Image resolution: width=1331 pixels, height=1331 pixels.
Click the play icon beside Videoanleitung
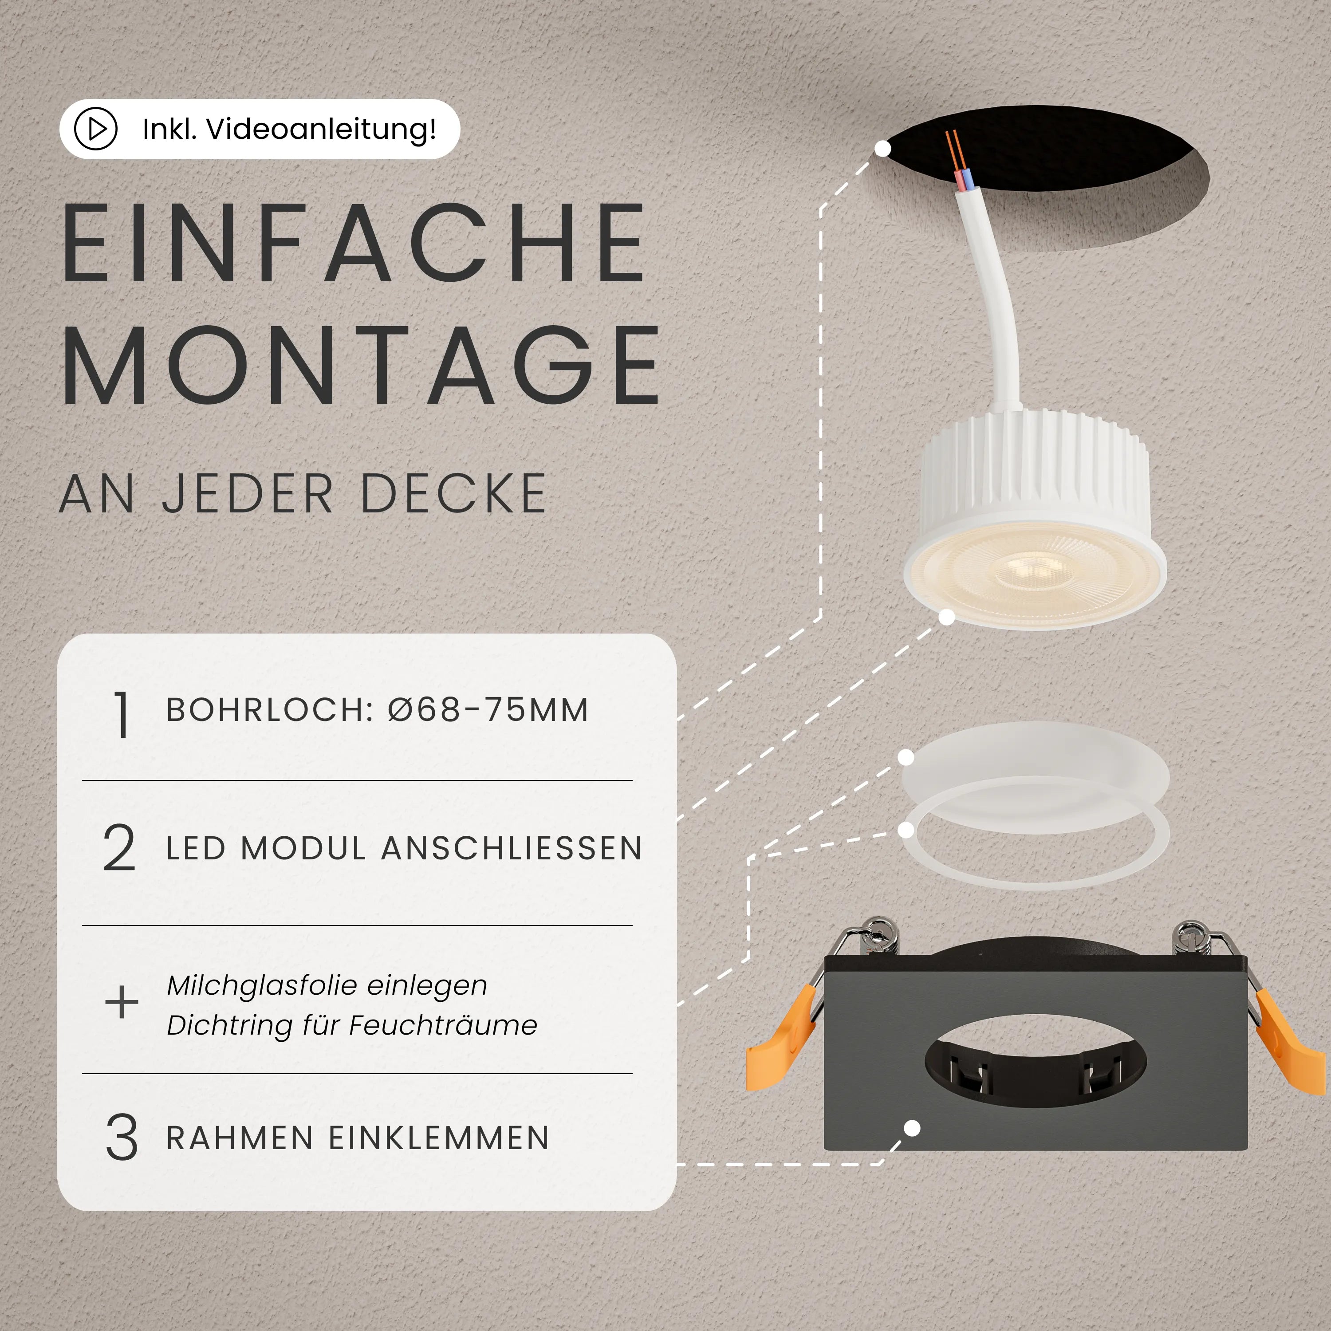coord(96,129)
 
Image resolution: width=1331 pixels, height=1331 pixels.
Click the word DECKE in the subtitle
coord(453,493)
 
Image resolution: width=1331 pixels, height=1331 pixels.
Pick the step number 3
coord(121,1138)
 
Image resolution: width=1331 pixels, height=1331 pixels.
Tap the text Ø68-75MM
coord(488,709)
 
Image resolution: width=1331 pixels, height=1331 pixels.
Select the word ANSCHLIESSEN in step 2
coord(512,848)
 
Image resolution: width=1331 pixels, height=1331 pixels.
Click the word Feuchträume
coord(443,1025)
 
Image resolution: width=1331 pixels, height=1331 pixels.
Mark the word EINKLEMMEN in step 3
coord(439,1138)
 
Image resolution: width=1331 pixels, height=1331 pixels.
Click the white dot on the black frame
coord(912,1128)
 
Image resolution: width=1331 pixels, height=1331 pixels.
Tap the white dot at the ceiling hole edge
coord(882,148)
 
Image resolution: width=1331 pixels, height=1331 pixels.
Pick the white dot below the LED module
coord(947,617)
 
